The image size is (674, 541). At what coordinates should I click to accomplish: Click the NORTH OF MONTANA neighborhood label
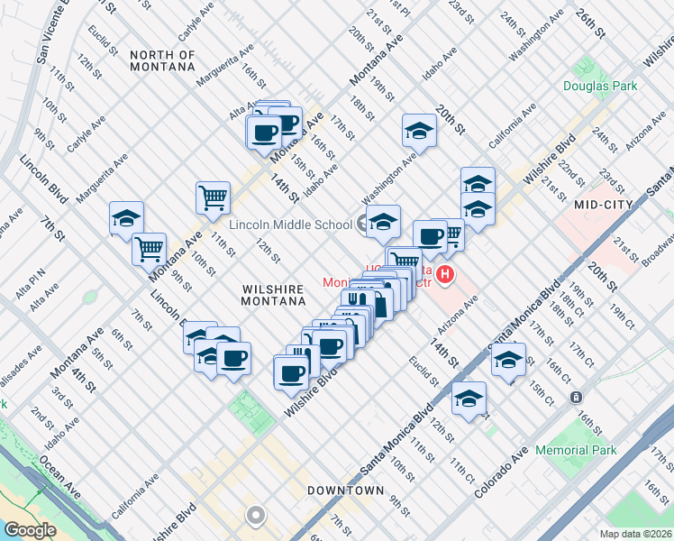(x=162, y=60)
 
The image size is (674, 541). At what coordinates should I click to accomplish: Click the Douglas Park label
(x=600, y=87)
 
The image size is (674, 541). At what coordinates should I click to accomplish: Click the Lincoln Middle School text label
(x=290, y=225)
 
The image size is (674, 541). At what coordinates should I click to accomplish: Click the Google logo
(x=30, y=530)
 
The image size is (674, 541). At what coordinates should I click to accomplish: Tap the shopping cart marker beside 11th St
(x=214, y=197)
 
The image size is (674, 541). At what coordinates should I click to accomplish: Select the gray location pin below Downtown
(x=256, y=517)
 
